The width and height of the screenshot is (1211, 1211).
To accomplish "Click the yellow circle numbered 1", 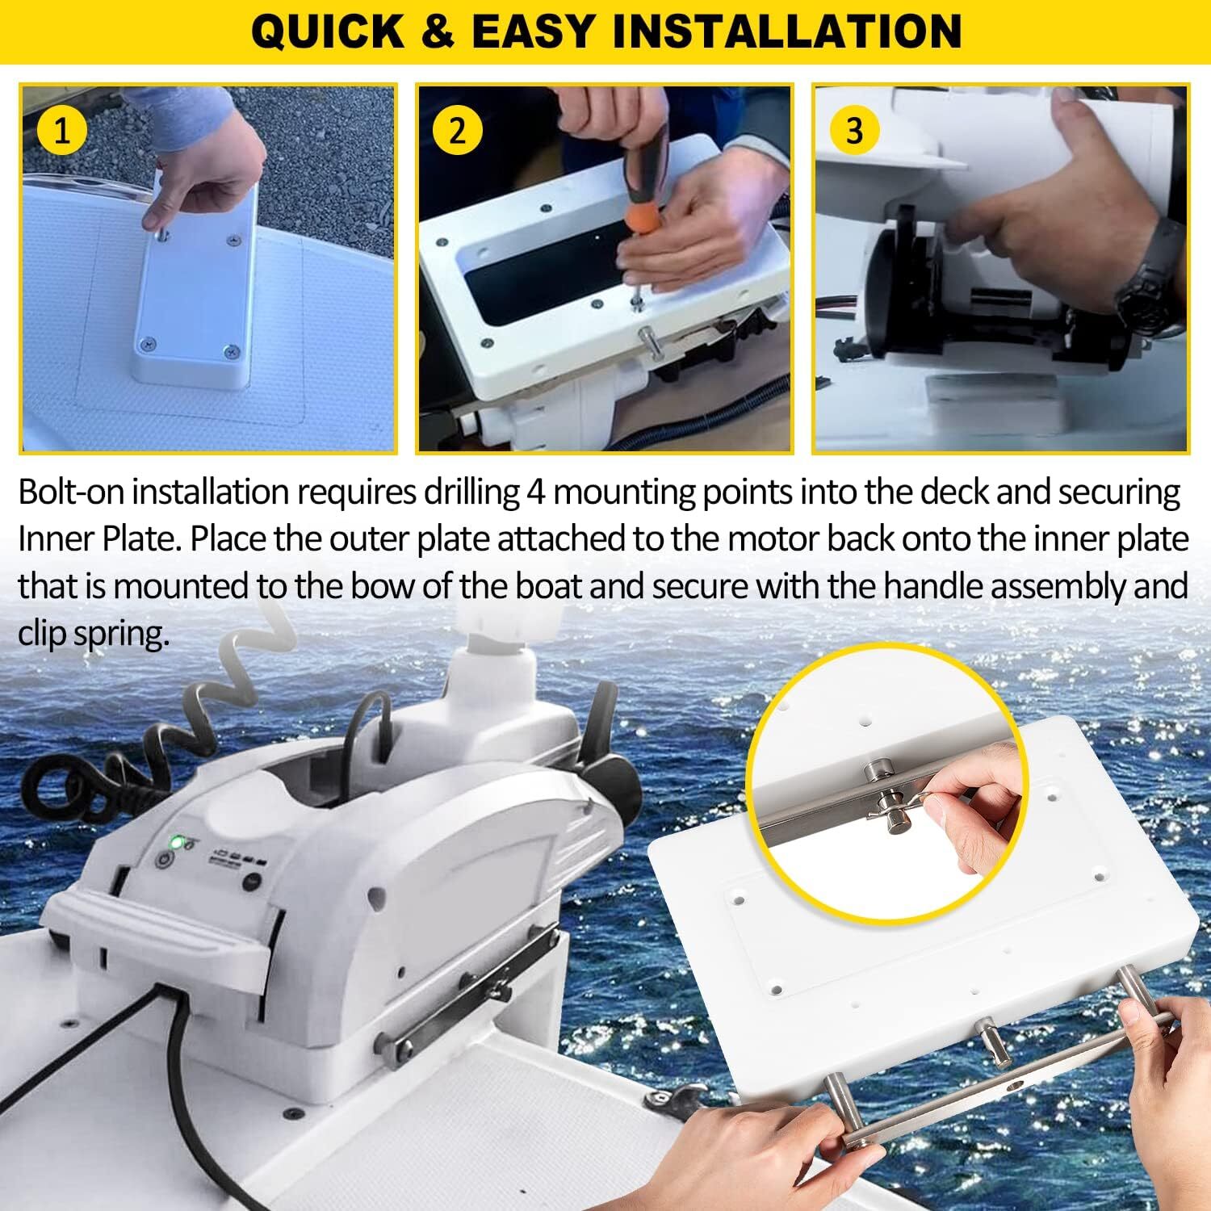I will (x=62, y=130).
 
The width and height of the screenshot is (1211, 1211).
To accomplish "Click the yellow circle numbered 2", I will (x=458, y=130).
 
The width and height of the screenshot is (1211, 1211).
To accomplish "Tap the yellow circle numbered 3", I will (x=854, y=130).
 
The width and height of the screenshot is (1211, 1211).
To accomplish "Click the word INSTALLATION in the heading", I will (x=787, y=32).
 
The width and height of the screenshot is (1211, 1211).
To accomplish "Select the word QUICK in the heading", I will (x=327, y=32).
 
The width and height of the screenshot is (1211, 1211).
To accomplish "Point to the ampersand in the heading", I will (x=437, y=32).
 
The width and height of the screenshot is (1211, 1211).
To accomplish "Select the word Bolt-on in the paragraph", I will (x=72, y=492).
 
